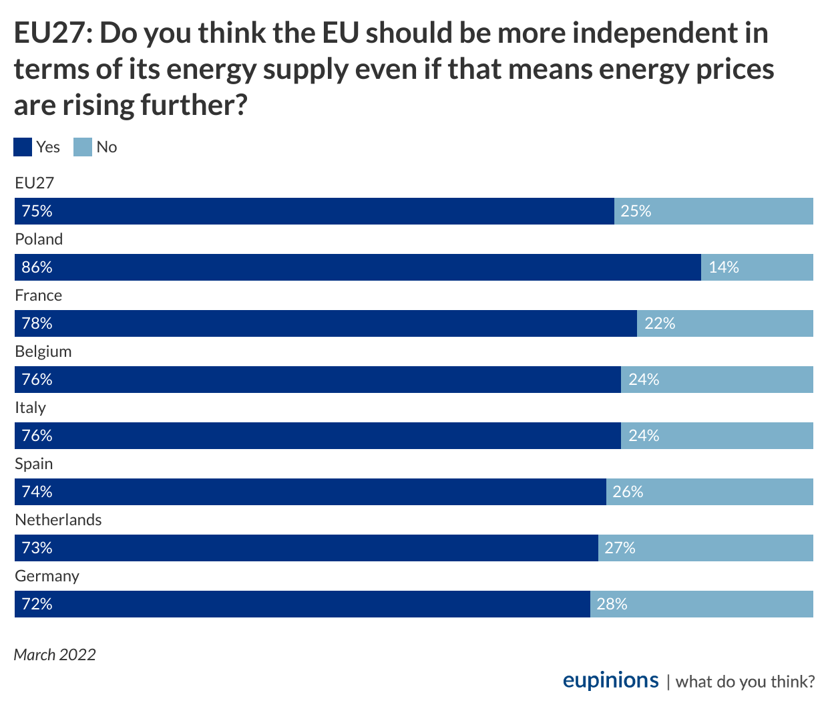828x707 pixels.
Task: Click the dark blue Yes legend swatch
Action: (23, 147)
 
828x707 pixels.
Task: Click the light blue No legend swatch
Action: (83, 147)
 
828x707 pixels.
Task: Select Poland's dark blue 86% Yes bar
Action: (358, 267)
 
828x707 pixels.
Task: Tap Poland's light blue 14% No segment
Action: (757, 267)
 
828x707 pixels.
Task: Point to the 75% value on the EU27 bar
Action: (37, 211)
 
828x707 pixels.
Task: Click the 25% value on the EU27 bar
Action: (636, 211)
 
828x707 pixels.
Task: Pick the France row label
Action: (39, 295)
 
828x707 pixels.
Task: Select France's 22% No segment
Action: (725, 323)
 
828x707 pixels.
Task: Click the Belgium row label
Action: (43, 351)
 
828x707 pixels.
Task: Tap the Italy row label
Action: (31, 408)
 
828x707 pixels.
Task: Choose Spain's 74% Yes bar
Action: (310, 492)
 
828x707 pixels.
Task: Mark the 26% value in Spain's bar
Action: (628, 492)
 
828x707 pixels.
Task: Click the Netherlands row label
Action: (59, 520)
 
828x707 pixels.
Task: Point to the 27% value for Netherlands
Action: (620, 548)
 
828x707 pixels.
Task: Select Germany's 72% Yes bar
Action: (302, 604)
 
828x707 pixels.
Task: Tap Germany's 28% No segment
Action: (702, 604)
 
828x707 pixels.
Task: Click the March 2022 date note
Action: (55, 654)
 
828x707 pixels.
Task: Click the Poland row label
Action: (39, 239)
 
